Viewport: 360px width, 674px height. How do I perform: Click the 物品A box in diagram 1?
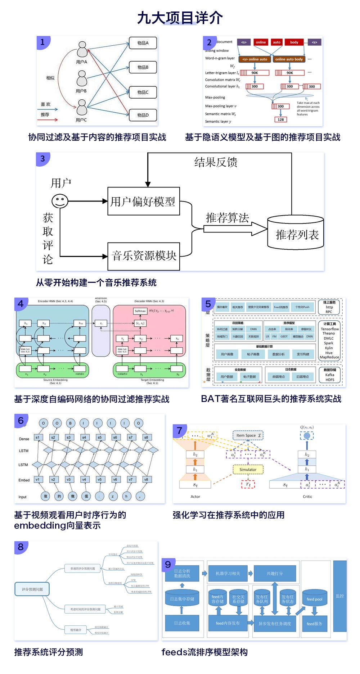point(143,43)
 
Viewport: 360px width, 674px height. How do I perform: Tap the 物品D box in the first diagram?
point(143,115)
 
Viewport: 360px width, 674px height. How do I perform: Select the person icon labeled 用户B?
point(82,79)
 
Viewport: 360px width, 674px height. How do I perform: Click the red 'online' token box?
point(261,42)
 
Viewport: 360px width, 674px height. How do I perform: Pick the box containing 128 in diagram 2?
point(280,119)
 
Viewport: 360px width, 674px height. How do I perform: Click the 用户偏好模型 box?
point(143,201)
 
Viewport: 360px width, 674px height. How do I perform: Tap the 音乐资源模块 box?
point(144,256)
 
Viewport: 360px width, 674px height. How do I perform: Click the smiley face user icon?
point(60,201)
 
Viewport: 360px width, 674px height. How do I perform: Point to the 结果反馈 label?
point(216,162)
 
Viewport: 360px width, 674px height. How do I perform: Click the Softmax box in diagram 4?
point(140,311)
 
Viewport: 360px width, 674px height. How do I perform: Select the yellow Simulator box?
point(248,470)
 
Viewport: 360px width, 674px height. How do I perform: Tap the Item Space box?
point(248,435)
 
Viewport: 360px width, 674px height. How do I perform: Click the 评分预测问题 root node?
point(32,589)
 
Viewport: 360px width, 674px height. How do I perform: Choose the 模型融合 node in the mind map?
point(76,630)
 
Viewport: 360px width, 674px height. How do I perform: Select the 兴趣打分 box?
point(275,574)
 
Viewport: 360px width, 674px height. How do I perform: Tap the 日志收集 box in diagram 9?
point(182,623)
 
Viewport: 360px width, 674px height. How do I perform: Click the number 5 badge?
point(208,304)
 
